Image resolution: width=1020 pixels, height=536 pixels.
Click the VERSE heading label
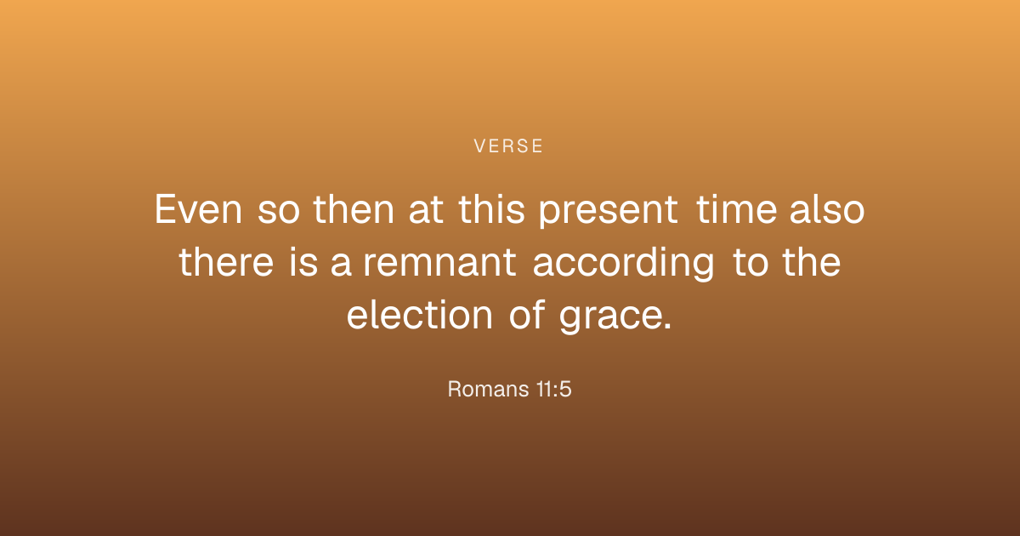[x=508, y=146]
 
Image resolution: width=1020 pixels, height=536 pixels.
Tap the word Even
[x=199, y=209]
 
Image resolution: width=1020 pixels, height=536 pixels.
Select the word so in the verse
[x=279, y=212]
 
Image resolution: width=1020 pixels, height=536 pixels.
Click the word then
[x=354, y=209]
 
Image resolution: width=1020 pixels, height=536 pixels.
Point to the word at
[x=426, y=211]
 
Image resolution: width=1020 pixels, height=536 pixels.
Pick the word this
[x=492, y=209]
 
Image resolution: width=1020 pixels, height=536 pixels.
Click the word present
[x=609, y=213]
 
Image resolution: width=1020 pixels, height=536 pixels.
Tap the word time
[x=737, y=209]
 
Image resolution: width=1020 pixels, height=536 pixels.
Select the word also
[x=827, y=209]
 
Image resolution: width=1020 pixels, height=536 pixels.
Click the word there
[x=226, y=262]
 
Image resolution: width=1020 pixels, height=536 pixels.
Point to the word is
[x=303, y=262]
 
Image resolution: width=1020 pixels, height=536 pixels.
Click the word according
[x=623, y=264]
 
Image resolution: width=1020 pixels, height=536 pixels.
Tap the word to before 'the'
[x=750, y=263]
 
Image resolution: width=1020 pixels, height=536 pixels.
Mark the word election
[x=420, y=314]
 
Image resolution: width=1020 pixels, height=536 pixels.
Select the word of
[x=527, y=314]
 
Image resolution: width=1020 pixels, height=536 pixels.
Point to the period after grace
[x=667, y=326]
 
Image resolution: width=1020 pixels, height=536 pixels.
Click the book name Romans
[x=488, y=390]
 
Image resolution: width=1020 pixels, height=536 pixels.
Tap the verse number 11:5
[x=553, y=390]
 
